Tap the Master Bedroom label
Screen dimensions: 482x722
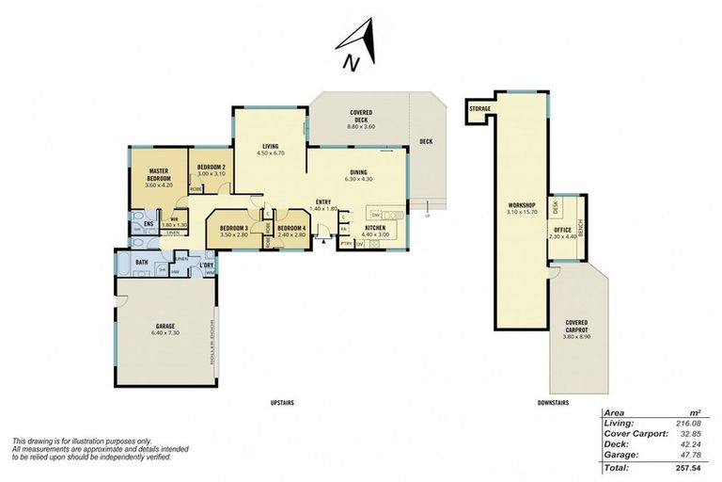pyautogui.click(x=158, y=174)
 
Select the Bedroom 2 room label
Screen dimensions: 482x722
pyautogui.click(x=211, y=167)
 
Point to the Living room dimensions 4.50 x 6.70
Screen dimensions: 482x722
pyautogui.click(x=271, y=153)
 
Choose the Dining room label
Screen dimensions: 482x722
pyautogui.click(x=358, y=172)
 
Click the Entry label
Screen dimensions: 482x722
pyautogui.click(x=322, y=201)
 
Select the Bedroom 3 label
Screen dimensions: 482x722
pyautogui.click(x=233, y=228)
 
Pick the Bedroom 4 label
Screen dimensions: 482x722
pyautogui.click(x=291, y=228)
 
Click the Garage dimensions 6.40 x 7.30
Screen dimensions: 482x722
pyautogui.click(x=165, y=334)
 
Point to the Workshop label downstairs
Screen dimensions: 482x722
pyautogui.click(x=521, y=204)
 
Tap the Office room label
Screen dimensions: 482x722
pyautogui.click(x=562, y=231)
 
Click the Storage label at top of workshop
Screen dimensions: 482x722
pyautogui.click(x=480, y=109)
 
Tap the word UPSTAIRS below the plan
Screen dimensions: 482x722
pyautogui.click(x=282, y=402)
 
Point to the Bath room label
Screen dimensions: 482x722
pyautogui.click(x=142, y=263)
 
